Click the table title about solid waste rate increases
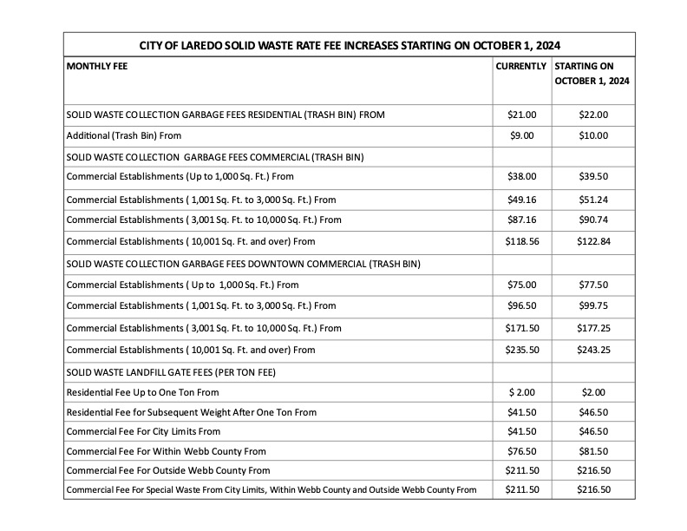tap(350, 44)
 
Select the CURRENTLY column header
tap(520, 66)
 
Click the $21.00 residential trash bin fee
tap(521, 115)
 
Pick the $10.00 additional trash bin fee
tap(593, 136)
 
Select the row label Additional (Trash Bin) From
tap(123, 136)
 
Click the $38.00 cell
tap(521, 176)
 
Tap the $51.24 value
tap(593, 199)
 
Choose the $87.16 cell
tap(521, 220)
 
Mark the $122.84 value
tap(593, 240)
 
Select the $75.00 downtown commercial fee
tap(521, 284)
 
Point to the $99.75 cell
tap(593, 305)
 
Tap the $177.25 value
tap(593, 328)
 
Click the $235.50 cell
tap(521, 350)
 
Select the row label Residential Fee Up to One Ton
tap(143, 392)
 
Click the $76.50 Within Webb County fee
tap(521, 451)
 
